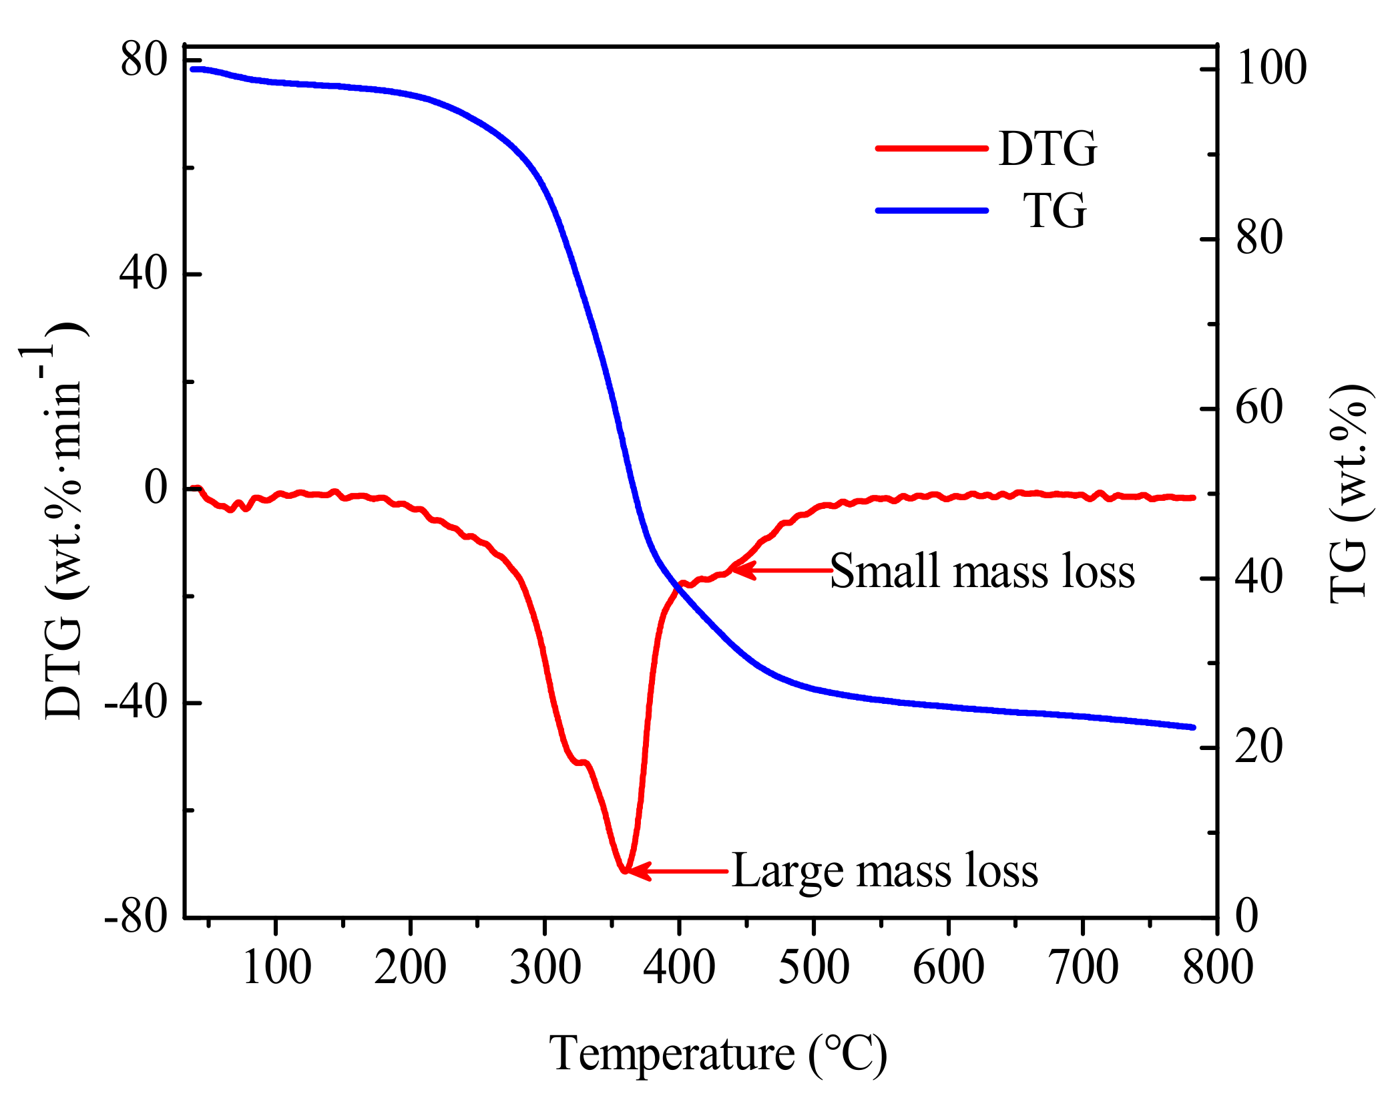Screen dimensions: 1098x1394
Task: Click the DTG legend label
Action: click(1048, 148)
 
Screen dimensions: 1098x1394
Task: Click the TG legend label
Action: click(1055, 210)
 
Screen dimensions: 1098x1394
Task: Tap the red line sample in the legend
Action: click(932, 148)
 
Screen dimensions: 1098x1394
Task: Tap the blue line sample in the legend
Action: click(932, 210)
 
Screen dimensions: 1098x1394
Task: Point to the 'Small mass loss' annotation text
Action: click(982, 572)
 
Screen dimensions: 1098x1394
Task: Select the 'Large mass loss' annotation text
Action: click(885, 871)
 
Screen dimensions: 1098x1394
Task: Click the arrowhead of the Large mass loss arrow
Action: click(631, 871)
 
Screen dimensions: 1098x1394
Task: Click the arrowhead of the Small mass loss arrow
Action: click(737, 570)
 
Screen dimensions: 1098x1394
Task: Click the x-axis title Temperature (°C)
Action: click(718, 1054)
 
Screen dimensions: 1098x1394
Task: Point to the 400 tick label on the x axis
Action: click(679, 967)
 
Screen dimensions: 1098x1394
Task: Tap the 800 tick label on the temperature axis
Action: click(1217, 967)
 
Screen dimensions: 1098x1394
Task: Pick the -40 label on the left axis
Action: click(136, 702)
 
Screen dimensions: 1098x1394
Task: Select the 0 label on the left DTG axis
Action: click(156, 488)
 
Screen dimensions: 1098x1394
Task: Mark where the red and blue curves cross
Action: click(680, 585)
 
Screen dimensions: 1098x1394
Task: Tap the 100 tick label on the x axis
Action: click(276, 967)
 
